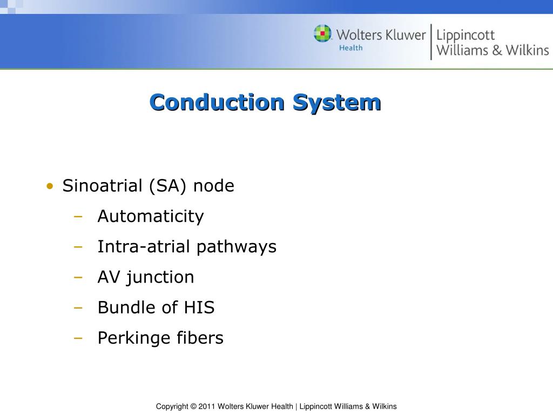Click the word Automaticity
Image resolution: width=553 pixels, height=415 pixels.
click(x=151, y=217)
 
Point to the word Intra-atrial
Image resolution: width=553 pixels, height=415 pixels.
click(x=144, y=247)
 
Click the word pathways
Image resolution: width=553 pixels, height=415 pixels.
click(x=236, y=247)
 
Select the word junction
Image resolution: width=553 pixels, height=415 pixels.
click(x=161, y=278)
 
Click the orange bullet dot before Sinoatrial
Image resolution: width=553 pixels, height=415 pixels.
click(x=50, y=187)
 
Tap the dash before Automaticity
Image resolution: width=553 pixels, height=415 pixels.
click(x=79, y=217)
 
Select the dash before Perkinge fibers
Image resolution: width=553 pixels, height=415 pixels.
click(x=79, y=339)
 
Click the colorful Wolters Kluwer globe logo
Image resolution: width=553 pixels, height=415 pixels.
click(x=322, y=34)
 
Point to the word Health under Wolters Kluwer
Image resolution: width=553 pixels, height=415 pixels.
click(x=350, y=48)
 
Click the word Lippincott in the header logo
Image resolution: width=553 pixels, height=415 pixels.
click(x=466, y=36)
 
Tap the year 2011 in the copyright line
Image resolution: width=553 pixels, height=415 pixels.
click(x=207, y=406)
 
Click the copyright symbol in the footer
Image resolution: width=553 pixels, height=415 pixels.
click(x=193, y=406)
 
